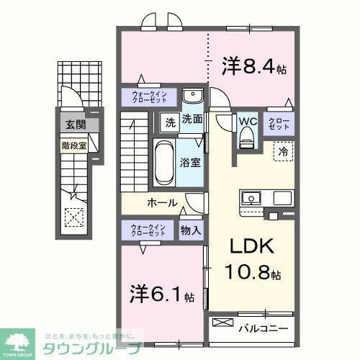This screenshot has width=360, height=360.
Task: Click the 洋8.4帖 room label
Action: coord(253,68)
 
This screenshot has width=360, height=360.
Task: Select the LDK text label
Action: coord(251,246)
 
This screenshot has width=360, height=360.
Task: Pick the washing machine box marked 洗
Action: coord(169,121)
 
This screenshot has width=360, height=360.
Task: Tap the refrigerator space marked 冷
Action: coord(283,152)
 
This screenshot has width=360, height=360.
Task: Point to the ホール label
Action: coord(163,203)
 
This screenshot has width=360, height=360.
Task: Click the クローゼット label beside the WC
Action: coord(278,123)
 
